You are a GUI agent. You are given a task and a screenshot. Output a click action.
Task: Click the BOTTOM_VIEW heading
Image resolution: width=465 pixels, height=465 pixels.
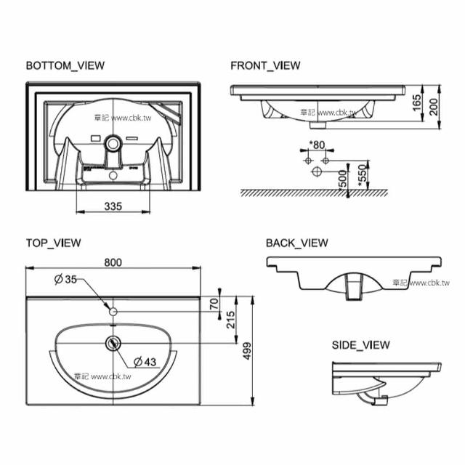click(65, 65)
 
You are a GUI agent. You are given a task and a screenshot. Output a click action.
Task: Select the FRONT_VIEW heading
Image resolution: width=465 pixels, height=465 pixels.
click(265, 65)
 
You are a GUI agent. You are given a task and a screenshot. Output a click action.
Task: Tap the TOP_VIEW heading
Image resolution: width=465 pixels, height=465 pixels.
click(53, 243)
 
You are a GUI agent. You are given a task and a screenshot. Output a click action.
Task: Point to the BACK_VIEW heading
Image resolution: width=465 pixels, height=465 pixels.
click(296, 243)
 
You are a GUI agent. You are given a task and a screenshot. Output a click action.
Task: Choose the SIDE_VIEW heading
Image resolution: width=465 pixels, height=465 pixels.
click(360, 344)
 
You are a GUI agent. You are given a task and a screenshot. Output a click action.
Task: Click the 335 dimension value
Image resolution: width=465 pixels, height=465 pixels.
click(112, 206)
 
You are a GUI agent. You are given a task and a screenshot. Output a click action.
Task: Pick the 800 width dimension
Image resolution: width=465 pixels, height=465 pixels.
click(113, 262)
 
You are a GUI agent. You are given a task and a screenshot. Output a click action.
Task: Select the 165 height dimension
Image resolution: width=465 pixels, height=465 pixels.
click(416, 102)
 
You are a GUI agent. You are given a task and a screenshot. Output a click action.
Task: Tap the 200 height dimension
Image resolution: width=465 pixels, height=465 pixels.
click(434, 108)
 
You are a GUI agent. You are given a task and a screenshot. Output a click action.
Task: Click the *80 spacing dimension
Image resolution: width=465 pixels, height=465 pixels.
click(317, 144)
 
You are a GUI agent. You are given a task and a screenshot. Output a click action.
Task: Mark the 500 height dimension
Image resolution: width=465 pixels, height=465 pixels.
click(343, 179)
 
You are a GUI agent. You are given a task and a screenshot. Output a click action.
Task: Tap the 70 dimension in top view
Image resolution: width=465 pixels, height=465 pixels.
click(214, 304)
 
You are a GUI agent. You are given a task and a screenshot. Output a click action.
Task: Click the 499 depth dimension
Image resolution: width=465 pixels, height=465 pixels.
click(247, 350)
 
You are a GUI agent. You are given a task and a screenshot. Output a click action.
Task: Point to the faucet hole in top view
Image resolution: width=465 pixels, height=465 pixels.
click(113, 311)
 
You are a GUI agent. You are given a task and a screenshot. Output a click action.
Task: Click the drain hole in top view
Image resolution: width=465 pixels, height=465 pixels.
click(113, 342)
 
